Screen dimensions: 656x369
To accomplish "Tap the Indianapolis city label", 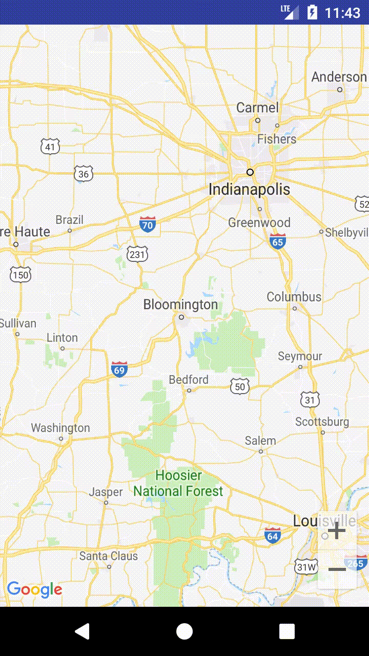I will [x=249, y=190].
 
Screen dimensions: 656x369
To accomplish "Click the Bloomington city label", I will [x=180, y=305].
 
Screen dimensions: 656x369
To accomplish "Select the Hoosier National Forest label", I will [x=178, y=483].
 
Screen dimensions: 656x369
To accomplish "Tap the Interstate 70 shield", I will [x=148, y=224].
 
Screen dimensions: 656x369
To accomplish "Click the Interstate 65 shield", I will [x=278, y=241].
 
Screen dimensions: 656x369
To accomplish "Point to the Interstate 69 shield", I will [x=119, y=369].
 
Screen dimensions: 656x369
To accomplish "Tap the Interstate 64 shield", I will [x=273, y=535].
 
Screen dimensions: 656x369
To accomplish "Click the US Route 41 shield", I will [x=50, y=147].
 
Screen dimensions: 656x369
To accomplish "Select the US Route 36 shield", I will [x=84, y=174].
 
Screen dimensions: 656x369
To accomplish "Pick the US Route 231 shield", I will [x=138, y=254].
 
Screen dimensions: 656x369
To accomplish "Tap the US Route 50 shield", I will [x=240, y=386].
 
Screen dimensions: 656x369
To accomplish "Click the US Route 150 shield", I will [x=20, y=275].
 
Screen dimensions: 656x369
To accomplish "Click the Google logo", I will [x=34, y=590].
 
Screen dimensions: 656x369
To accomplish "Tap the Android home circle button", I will [x=184, y=631].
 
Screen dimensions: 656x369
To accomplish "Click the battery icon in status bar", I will [x=312, y=12].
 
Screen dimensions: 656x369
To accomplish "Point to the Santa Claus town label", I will [x=109, y=556].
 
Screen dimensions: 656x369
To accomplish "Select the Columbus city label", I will [x=294, y=297].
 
